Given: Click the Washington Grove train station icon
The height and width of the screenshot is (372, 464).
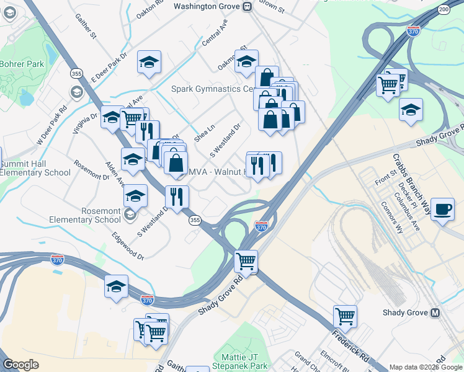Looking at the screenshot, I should [248, 6].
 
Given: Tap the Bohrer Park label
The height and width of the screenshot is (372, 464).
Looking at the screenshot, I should [22, 64].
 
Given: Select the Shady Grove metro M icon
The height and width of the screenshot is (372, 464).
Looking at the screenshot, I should [435, 312].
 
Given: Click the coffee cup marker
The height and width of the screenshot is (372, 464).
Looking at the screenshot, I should [442, 209].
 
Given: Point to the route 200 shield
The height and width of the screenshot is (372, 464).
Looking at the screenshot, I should [444, 9].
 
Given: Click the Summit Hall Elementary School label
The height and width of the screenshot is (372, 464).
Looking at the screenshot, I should [35, 167].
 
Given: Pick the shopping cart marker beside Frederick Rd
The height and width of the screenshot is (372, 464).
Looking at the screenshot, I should [345, 316].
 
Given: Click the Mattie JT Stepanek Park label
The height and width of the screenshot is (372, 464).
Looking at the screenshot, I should [244, 361].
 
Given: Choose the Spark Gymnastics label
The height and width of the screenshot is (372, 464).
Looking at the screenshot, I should [213, 89].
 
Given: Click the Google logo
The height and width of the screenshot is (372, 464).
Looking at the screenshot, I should [21, 365].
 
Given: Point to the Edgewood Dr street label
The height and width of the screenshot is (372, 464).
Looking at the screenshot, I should [127, 246].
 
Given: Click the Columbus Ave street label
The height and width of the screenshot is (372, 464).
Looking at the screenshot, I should [410, 211].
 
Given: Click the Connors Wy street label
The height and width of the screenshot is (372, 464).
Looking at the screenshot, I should [392, 217].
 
